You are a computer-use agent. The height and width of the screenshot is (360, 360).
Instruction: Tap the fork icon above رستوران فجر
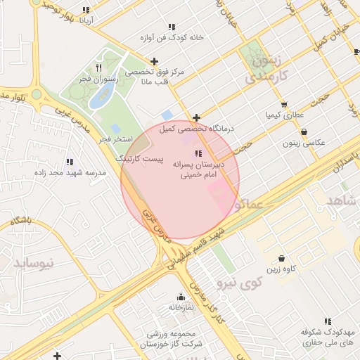pyautogui.click(x=98, y=67)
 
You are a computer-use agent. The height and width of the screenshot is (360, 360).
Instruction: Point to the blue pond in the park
pyautogui.click(x=98, y=98)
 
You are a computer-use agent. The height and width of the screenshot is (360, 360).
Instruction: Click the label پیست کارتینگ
pyautogui.click(x=141, y=160)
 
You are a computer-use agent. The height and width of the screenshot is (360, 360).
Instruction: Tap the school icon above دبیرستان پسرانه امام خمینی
pyautogui.click(x=198, y=153)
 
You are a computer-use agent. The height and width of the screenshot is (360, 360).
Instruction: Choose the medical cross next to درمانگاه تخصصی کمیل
pyautogui.click(x=196, y=117)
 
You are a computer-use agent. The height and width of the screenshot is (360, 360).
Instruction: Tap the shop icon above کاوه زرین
pyautogui.click(x=281, y=259)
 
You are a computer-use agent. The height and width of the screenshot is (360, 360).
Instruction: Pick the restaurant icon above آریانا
pyautogui.click(x=86, y=10)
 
